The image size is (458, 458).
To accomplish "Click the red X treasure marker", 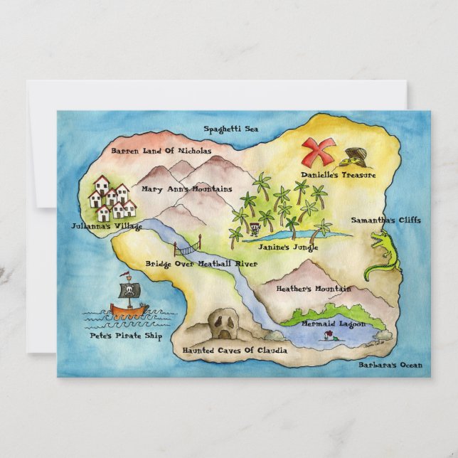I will coord(317,151).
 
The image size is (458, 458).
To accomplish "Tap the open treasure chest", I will coord(355,156).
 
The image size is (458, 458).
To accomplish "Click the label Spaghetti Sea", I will coord(231,129).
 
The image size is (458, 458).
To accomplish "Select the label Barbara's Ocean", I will coord(390,366).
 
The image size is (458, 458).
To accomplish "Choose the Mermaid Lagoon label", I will coord(333,324).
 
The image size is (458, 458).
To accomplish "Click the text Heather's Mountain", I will coord(313,289).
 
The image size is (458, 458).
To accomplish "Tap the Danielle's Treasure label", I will coord(338,174).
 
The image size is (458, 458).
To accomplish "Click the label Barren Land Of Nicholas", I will coord(161,151).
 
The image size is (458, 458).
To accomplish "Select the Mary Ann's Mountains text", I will coord(186,189).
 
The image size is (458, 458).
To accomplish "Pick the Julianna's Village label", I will coord(107,227).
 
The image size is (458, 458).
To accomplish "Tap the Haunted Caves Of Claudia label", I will coord(235,351).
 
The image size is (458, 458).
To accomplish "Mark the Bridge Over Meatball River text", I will coord(201,264).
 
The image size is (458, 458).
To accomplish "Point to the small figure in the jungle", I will coord(255,230).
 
